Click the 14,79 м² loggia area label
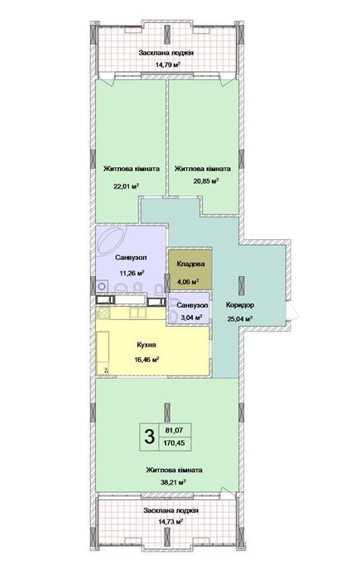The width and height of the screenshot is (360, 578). tap(167, 64)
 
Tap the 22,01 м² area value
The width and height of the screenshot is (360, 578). tap(126, 187)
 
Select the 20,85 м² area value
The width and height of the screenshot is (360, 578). tap(206, 181)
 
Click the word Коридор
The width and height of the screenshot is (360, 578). tap(240, 305)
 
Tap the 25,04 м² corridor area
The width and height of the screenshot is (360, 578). tap(240, 318)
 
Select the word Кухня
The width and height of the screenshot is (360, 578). tap(146, 346)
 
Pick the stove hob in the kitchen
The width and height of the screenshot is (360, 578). tap(103, 313)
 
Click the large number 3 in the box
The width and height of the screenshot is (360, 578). tap(150, 437)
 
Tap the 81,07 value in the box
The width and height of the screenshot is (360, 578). tap(174, 430)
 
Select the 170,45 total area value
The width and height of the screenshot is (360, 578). tap(174, 443)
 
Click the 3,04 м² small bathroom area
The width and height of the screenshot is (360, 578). tap(190, 317)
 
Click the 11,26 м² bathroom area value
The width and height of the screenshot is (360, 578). tap(132, 273)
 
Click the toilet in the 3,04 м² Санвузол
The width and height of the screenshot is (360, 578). tap(173, 317)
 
